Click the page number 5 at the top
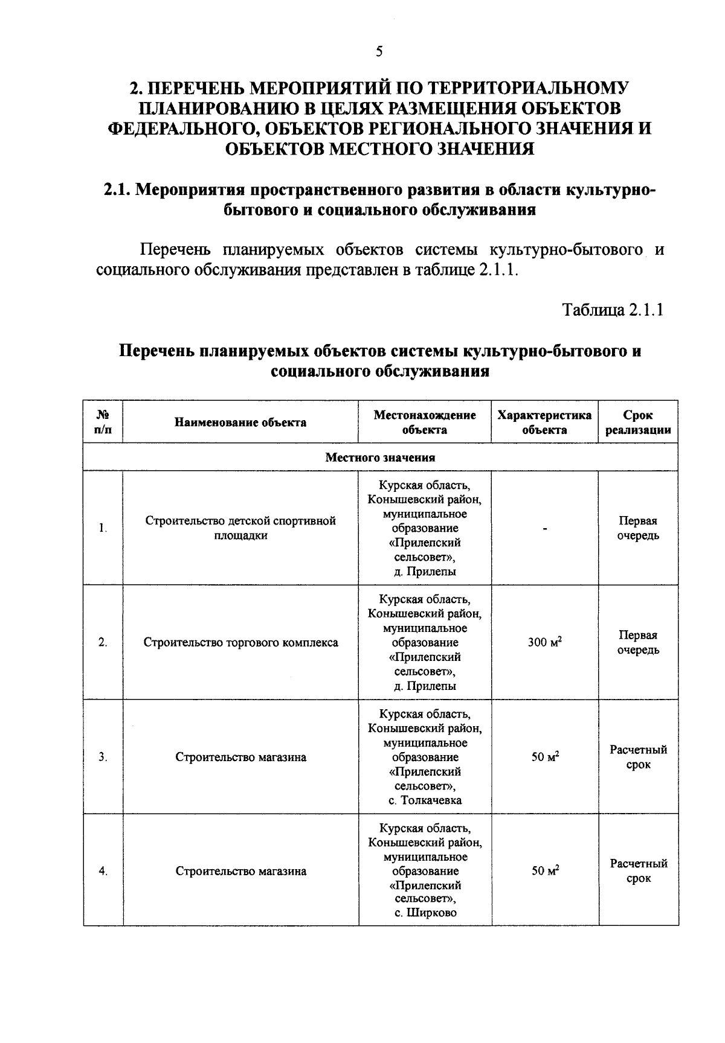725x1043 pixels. [379, 51]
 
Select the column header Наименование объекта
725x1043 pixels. [240, 423]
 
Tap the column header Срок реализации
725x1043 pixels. [638, 423]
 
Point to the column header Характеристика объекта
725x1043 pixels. [544, 423]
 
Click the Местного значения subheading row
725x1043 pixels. [380, 458]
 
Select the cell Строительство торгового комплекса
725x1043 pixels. [240, 642]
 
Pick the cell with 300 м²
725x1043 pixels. [544, 642]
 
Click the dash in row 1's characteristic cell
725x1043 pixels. [545, 529]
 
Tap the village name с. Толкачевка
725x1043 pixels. [425, 800]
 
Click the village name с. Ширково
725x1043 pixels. [425, 913]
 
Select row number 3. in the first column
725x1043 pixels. [103, 757]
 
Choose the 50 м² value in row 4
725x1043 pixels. [544, 870]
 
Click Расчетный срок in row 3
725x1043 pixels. [638, 757]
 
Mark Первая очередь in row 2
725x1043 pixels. [638, 642]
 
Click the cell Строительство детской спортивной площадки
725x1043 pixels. [240, 528]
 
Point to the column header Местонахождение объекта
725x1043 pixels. [425, 423]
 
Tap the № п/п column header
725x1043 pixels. [103, 423]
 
